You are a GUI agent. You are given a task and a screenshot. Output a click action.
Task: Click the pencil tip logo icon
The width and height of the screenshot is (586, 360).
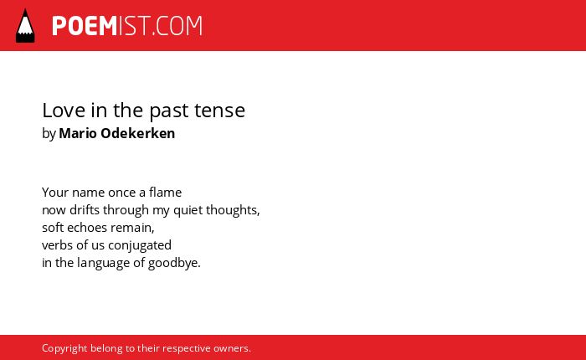click(x=25, y=26)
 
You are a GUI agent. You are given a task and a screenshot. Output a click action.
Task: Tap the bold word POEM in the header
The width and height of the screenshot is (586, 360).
click(x=85, y=26)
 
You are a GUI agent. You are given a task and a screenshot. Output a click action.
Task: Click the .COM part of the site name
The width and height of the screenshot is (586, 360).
click(x=177, y=26)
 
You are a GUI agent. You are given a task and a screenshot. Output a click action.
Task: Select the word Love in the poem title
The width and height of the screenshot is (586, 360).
click(x=64, y=111)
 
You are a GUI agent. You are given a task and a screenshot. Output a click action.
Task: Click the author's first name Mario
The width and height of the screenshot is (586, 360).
click(x=78, y=133)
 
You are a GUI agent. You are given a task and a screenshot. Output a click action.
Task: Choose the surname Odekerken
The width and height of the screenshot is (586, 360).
click(x=138, y=133)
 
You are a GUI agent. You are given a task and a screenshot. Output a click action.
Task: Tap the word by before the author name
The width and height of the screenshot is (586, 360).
click(x=49, y=134)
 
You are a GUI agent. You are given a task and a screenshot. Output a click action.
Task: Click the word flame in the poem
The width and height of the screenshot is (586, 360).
click(x=165, y=193)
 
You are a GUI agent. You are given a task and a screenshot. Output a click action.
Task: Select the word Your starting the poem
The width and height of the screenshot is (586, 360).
click(x=55, y=193)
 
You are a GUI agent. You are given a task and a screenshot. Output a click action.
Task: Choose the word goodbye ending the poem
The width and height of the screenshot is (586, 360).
click(x=173, y=263)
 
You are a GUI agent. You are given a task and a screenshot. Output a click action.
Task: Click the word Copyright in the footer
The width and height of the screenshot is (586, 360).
click(x=64, y=348)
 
